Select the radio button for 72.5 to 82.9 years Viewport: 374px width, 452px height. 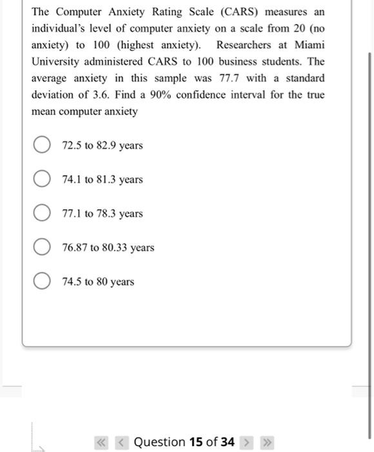click(43, 145)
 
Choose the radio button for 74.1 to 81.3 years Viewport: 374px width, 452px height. click(43, 180)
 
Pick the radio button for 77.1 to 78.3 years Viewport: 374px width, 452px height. click(43, 214)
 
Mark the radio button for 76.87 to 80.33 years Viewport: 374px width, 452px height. click(43, 248)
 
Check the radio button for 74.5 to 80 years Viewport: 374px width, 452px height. click(43, 282)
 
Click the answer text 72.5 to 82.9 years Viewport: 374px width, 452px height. click(102, 145)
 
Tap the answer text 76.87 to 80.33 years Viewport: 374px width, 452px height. click(108, 248)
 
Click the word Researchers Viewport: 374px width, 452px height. click(246, 45)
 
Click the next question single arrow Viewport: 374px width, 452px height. click(244, 442)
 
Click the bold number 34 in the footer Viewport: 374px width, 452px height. click(227, 442)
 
